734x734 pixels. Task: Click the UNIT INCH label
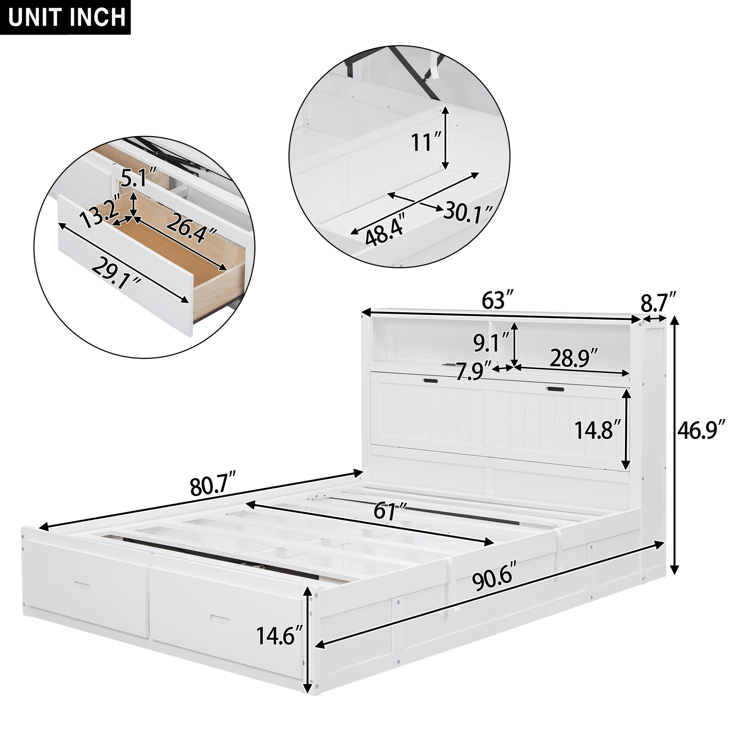pos(66,17)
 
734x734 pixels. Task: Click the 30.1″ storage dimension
pos(468,212)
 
